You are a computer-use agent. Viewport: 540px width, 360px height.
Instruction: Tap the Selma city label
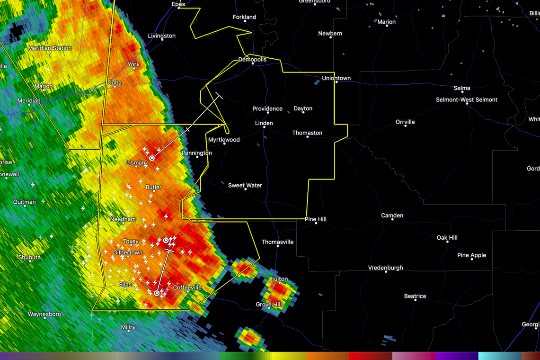tap(462, 88)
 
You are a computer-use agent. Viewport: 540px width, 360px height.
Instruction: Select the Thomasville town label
tap(277, 242)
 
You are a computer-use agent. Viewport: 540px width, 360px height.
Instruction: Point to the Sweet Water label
tap(245, 185)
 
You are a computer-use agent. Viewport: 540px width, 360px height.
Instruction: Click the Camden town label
tap(392, 216)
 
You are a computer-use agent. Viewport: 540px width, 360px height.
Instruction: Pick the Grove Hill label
tap(269, 304)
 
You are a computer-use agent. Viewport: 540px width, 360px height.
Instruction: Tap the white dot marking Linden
tap(264, 128)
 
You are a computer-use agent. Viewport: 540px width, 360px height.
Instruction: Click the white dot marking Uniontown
tap(336, 82)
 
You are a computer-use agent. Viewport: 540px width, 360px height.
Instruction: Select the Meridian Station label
tap(50, 48)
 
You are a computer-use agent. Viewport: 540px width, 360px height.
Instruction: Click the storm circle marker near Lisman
tap(152, 158)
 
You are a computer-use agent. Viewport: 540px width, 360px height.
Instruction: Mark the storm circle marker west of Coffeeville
tap(157, 293)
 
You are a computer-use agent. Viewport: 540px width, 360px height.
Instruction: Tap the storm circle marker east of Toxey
tap(166, 240)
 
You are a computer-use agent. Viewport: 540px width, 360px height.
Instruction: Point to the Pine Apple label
tap(471, 255)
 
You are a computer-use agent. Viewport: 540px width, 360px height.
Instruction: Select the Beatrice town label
tap(415, 296)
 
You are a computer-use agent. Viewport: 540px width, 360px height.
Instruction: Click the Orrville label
tap(405, 122)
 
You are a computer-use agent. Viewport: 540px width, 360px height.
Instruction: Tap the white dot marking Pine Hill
tap(316, 223)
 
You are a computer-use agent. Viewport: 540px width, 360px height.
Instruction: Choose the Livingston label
tap(161, 36)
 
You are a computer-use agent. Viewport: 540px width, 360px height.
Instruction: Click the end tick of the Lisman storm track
tap(219, 96)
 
